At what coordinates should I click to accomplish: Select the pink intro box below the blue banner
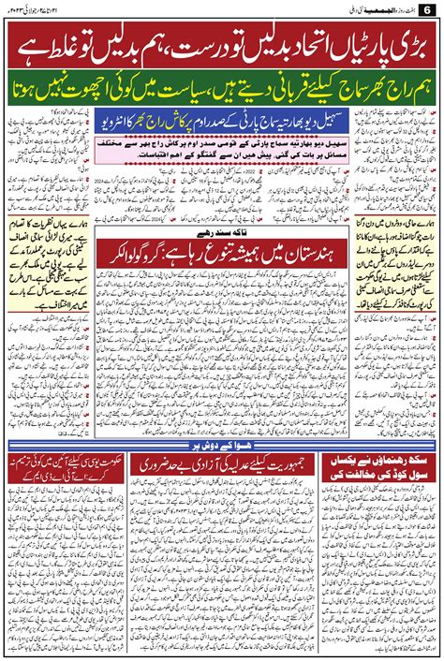point(222,144)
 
